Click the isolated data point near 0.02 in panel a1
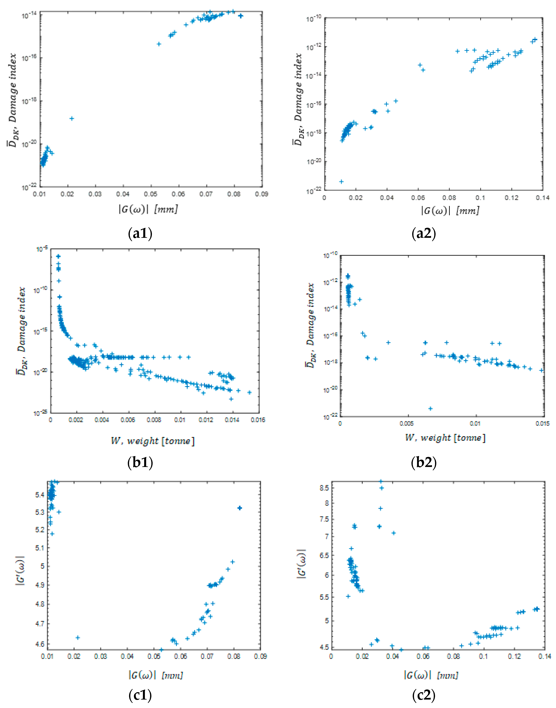click(x=72, y=118)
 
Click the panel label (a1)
click(x=140, y=234)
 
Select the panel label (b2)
click(x=424, y=462)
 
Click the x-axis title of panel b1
click(x=153, y=441)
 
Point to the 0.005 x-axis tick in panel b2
click(x=407, y=423)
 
